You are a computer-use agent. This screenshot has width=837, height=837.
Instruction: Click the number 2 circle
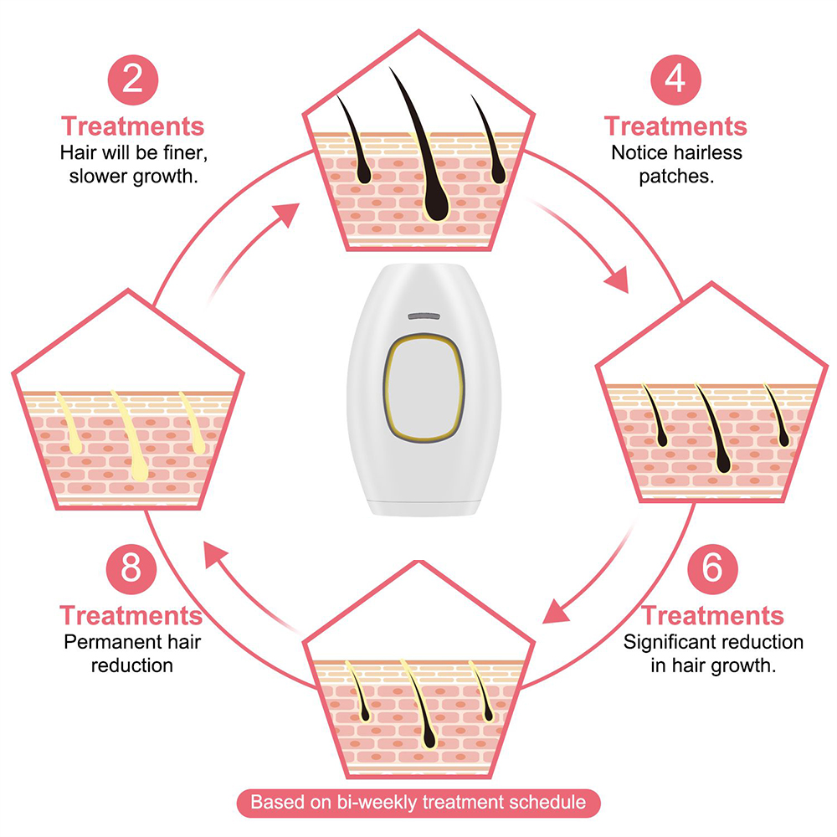pyautogui.click(x=131, y=80)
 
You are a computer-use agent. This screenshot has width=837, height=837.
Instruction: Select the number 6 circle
pyautogui.click(x=711, y=568)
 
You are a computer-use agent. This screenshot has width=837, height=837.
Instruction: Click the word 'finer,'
pyautogui.click(x=177, y=153)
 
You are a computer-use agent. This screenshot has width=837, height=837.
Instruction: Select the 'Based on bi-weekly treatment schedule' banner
pyautogui.click(x=418, y=802)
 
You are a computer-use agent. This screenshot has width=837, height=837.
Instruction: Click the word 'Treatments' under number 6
pyautogui.click(x=712, y=616)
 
